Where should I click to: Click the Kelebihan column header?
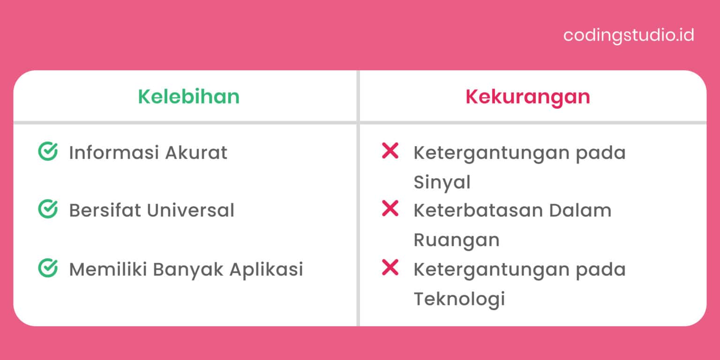[188, 97]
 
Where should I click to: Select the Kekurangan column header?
[527, 97]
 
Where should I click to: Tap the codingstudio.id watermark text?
[629, 36]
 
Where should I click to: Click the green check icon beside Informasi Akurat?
[47, 151]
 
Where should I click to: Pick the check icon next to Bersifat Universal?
[47, 210]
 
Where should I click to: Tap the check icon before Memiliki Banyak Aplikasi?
[47, 268]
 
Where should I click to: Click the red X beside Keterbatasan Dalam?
[390, 209]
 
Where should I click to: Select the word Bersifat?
[105, 211]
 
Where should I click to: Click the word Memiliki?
[108, 270]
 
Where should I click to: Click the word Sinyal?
[442, 183]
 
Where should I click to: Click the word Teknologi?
[459, 299]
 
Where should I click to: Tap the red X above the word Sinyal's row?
[390, 151]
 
